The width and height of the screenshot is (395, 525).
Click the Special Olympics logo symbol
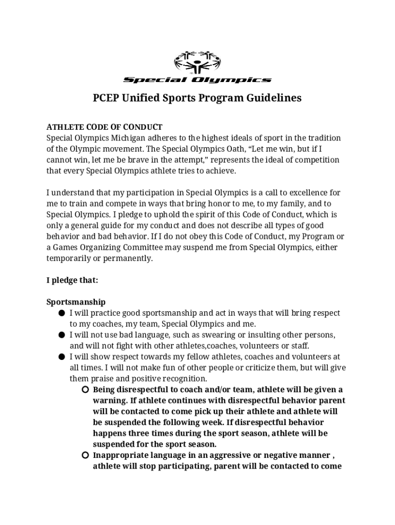click(x=197, y=63)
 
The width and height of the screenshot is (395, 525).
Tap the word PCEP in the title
click(x=106, y=98)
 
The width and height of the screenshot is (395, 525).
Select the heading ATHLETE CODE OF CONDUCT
click(x=105, y=127)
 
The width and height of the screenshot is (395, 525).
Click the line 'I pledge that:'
click(x=72, y=280)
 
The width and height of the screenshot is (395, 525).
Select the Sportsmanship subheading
click(x=76, y=302)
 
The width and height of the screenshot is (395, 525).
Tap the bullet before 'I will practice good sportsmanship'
click(x=61, y=313)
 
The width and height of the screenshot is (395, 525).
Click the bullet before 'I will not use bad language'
click(x=61, y=335)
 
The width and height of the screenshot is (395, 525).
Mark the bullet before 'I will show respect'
click(x=61, y=357)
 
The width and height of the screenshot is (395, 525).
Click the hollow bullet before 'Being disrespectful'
click(x=85, y=390)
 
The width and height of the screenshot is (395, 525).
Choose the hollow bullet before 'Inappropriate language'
click(x=85, y=455)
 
